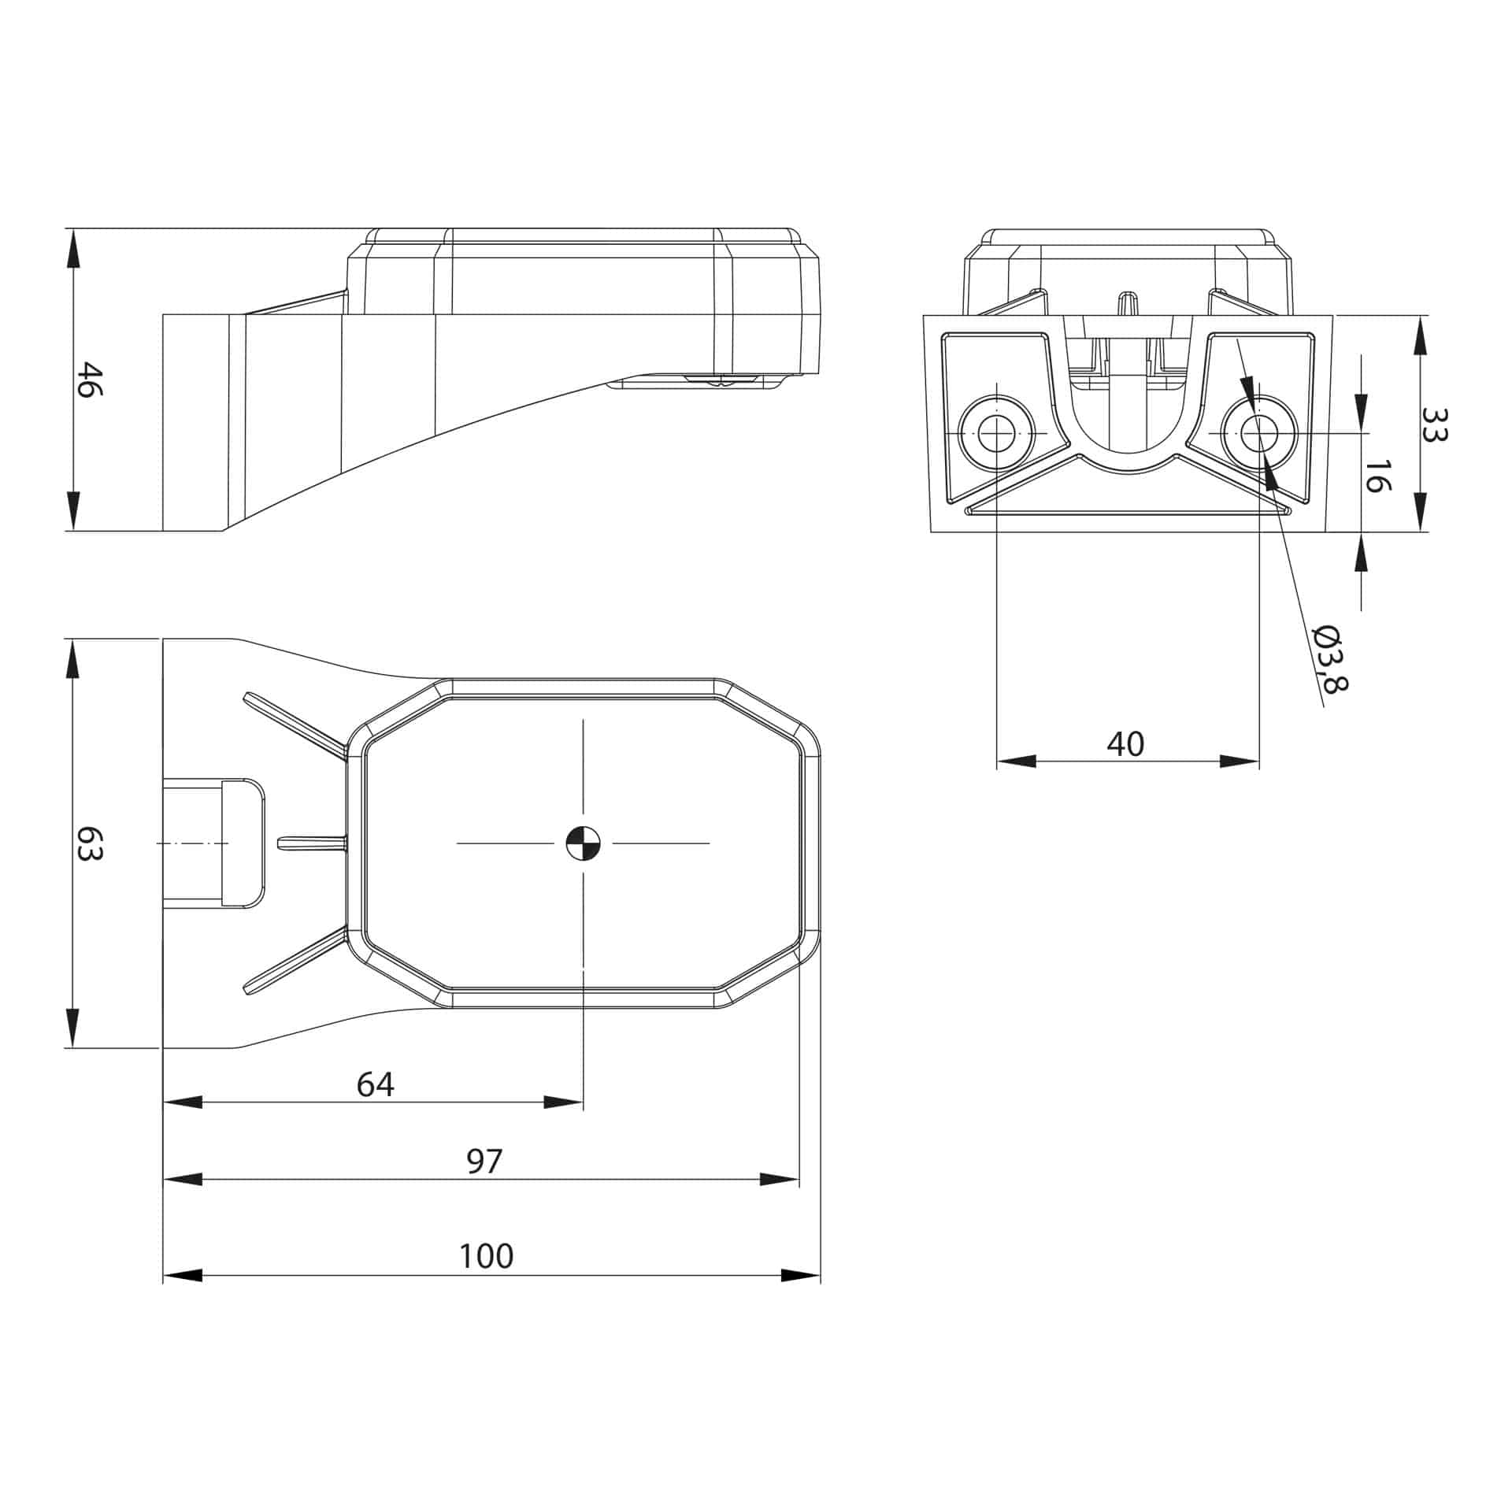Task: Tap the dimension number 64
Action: point(375,1085)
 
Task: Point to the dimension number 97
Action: point(484,1162)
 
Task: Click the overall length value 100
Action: point(486,1256)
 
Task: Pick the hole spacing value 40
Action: point(1125,744)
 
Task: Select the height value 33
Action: point(1435,424)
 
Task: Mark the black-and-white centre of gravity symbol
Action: point(583,843)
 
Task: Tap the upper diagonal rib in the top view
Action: point(295,723)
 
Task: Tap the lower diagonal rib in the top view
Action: point(295,962)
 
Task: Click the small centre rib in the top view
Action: point(312,843)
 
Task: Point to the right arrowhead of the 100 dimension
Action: point(802,1276)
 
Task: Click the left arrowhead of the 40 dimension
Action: point(1016,761)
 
